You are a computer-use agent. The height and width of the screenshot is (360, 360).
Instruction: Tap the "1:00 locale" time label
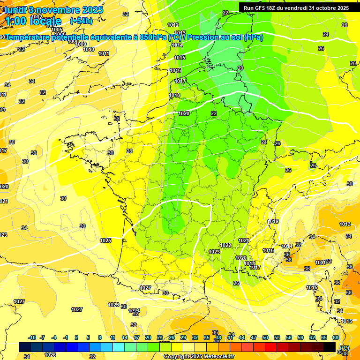[x=34, y=21]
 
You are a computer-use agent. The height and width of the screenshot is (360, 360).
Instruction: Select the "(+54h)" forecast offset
[x=81, y=21]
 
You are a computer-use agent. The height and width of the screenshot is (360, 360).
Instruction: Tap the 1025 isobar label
[x=105, y=240]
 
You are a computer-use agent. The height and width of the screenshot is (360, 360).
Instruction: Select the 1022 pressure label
[x=225, y=245]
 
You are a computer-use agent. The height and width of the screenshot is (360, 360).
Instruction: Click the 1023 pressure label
[x=214, y=252]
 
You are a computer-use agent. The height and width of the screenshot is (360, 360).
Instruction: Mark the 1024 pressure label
[x=134, y=311]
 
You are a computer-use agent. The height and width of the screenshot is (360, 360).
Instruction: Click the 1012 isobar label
[x=173, y=25]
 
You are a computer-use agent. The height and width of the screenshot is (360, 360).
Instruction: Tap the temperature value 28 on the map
[x=129, y=151]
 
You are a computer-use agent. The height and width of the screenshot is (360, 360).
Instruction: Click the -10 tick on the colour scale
[x=32, y=337]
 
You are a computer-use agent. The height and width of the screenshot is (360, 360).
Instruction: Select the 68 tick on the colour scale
[x=336, y=337]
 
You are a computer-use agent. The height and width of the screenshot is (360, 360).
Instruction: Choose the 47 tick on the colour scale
[x=254, y=337]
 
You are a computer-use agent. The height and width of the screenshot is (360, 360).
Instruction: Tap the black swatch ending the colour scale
[x=330, y=347]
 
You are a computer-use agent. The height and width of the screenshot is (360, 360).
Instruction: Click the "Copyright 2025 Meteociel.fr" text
[x=199, y=356]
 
